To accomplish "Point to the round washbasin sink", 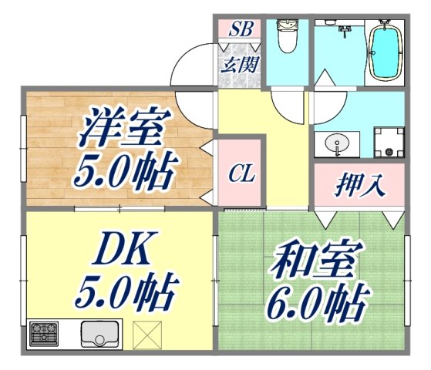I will click(x=337, y=143).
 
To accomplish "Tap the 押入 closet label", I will click(x=359, y=185).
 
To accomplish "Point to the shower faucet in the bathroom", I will click(x=345, y=32).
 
